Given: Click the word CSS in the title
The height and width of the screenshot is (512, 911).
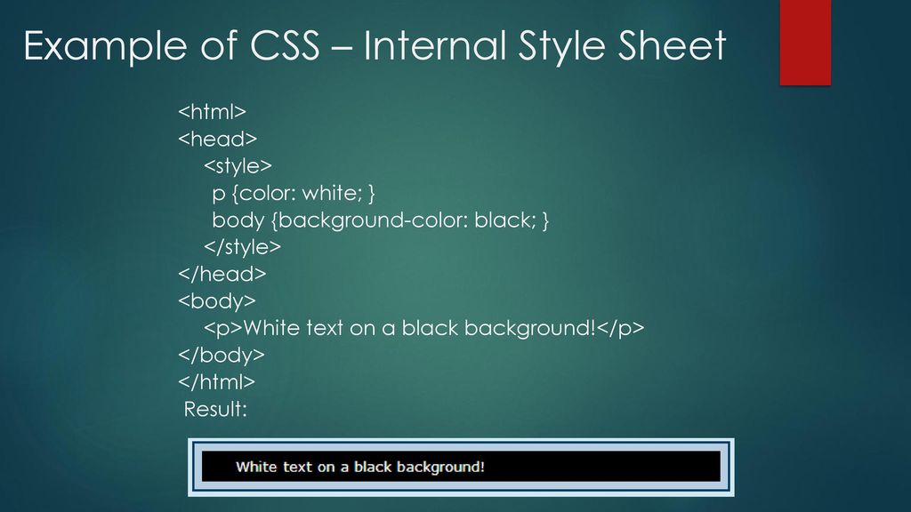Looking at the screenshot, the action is (285, 45).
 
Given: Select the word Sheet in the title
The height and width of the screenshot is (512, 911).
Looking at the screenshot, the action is (672, 45).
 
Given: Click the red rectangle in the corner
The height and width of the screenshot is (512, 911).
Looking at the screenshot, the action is (805, 43).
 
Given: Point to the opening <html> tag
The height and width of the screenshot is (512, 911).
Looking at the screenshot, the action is (212, 111).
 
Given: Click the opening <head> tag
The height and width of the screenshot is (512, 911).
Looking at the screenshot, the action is (217, 139).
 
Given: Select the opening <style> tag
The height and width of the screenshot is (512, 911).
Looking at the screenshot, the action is (238, 166).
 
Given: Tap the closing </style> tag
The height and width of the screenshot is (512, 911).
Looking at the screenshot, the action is (242, 247).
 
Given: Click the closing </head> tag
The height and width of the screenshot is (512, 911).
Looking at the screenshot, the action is (222, 274).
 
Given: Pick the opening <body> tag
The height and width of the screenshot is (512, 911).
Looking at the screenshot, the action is (217, 300).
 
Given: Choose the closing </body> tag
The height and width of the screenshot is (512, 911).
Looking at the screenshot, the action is (222, 355).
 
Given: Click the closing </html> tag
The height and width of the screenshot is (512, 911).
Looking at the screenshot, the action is (217, 381).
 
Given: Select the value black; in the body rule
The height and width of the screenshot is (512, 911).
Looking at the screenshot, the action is (505, 220).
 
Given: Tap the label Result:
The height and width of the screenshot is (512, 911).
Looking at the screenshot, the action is (215, 409).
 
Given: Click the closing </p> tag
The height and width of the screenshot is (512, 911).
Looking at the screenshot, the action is (620, 328).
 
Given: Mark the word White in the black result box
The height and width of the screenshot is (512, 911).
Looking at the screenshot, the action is (256, 467).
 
